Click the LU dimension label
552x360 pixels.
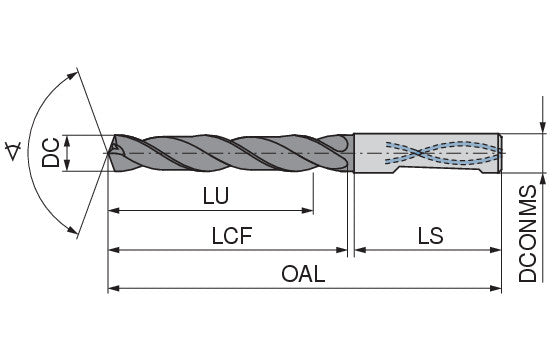click(x=216, y=196)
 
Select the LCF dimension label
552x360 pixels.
click(x=232, y=235)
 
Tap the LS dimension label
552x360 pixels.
click(x=430, y=235)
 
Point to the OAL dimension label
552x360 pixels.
click(x=303, y=274)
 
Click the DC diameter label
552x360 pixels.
click(x=50, y=153)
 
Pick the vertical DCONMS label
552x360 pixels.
click(x=528, y=233)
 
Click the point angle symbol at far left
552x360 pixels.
click(x=13, y=151)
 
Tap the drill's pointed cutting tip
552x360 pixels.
click(x=108, y=153)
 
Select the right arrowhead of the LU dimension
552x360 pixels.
click(x=308, y=211)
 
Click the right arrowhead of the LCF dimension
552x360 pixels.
click(x=341, y=250)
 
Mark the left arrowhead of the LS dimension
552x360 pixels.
click(x=360, y=250)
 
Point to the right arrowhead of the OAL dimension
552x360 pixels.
click(x=495, y=289)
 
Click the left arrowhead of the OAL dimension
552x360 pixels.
click(x=113, y=289)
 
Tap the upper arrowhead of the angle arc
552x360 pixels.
click(x=73, y=75)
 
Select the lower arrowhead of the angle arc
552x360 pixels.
click(x=73, y=230)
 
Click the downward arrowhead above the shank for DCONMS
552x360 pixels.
click(x=542, y=127)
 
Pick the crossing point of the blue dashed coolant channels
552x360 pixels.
click(x=418, y=153)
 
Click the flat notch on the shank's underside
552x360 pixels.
click(x=438, y=170)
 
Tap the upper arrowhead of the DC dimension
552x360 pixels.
click(x=68, y=140)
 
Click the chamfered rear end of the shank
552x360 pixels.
click(x=500, y=153)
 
